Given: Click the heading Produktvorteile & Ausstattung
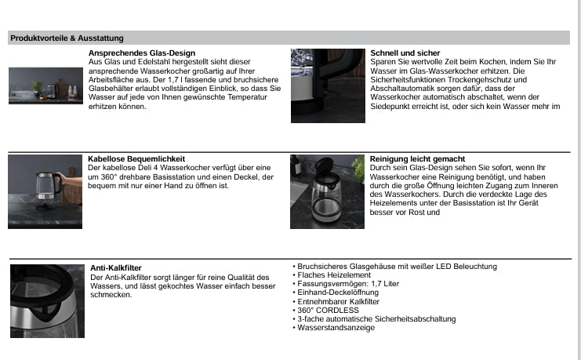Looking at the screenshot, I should pyautogui.click(x=67, y=38).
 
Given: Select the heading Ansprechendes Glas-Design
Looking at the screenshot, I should pyautogui.click(x=142, y=53).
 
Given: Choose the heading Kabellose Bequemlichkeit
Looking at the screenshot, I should pyautogui.click(x=137, y=159).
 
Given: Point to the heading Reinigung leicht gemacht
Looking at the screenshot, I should pyautogui.click(x=417, y=159).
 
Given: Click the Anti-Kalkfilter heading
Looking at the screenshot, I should pyautogui.click(x=116, y=268).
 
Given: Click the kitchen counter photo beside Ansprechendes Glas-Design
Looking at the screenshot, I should pyautogui.click(x=45, y=85).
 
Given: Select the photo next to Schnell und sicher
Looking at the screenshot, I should pyautogui.click(x=328, y=85).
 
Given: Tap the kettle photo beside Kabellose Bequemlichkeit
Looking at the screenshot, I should pyautogui.click(x=45, y=191).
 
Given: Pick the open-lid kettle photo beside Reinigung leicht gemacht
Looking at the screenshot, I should pyautogui.click(x=328, y=191).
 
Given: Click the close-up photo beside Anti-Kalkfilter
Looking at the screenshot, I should pyautogui.click(x=47, y=301).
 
